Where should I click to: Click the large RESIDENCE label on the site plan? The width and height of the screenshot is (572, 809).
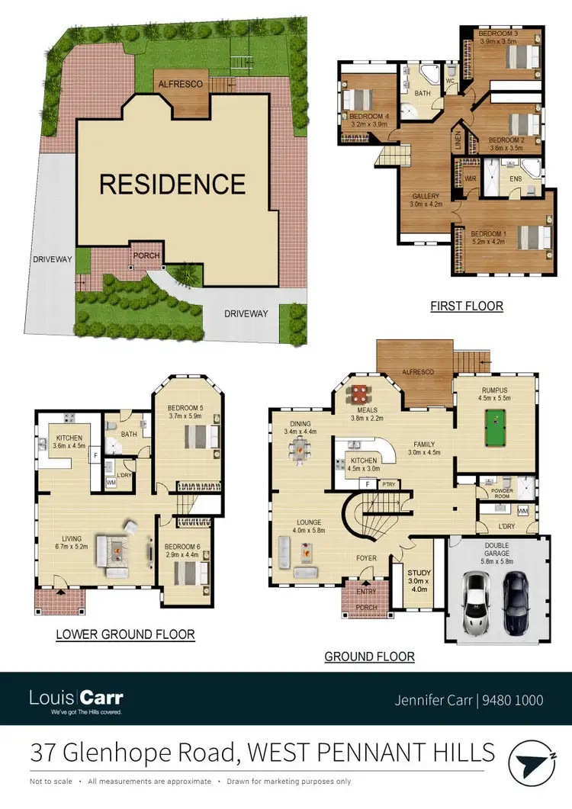click(x=173, y=184)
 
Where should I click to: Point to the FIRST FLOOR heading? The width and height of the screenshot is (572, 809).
click(x=467, y=306)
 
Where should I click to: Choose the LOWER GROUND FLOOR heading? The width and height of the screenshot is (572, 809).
click(x=126, y=634)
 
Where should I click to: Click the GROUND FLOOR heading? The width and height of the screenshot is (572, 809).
click(x=370, y=656)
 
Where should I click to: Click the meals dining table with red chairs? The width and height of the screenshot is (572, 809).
click(x=359, y=394)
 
